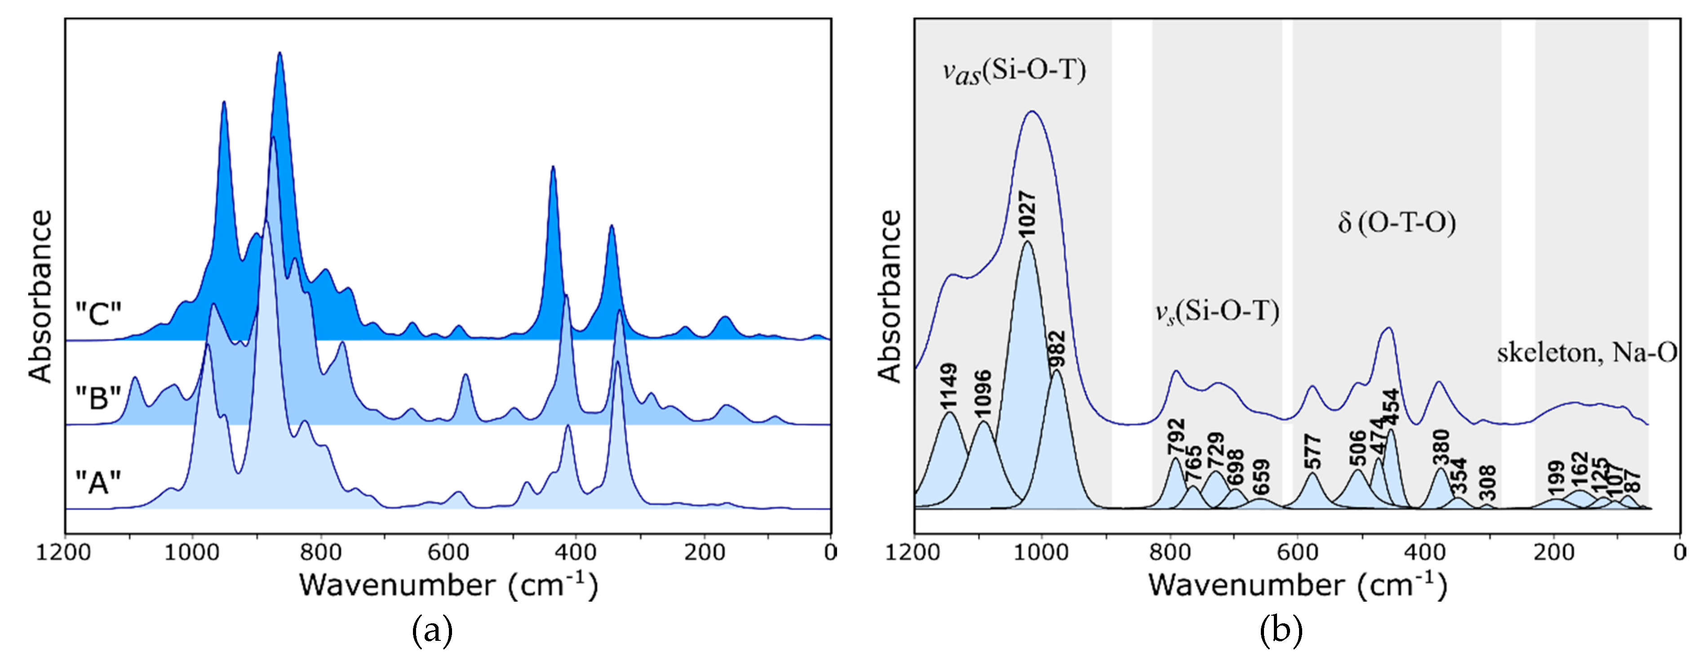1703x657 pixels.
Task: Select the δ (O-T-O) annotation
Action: [x=1396, y=223]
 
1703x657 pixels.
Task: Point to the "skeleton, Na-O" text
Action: [x=1587, y=353]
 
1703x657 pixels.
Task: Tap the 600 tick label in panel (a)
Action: [x=449, y=552]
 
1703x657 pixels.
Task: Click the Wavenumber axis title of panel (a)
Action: [x=448, y=586]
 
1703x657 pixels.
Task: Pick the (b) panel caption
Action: [x=1281, y=631]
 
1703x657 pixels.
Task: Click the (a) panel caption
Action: [x=432, y=631]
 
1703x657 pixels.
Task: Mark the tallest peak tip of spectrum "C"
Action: [x=279, y=53]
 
